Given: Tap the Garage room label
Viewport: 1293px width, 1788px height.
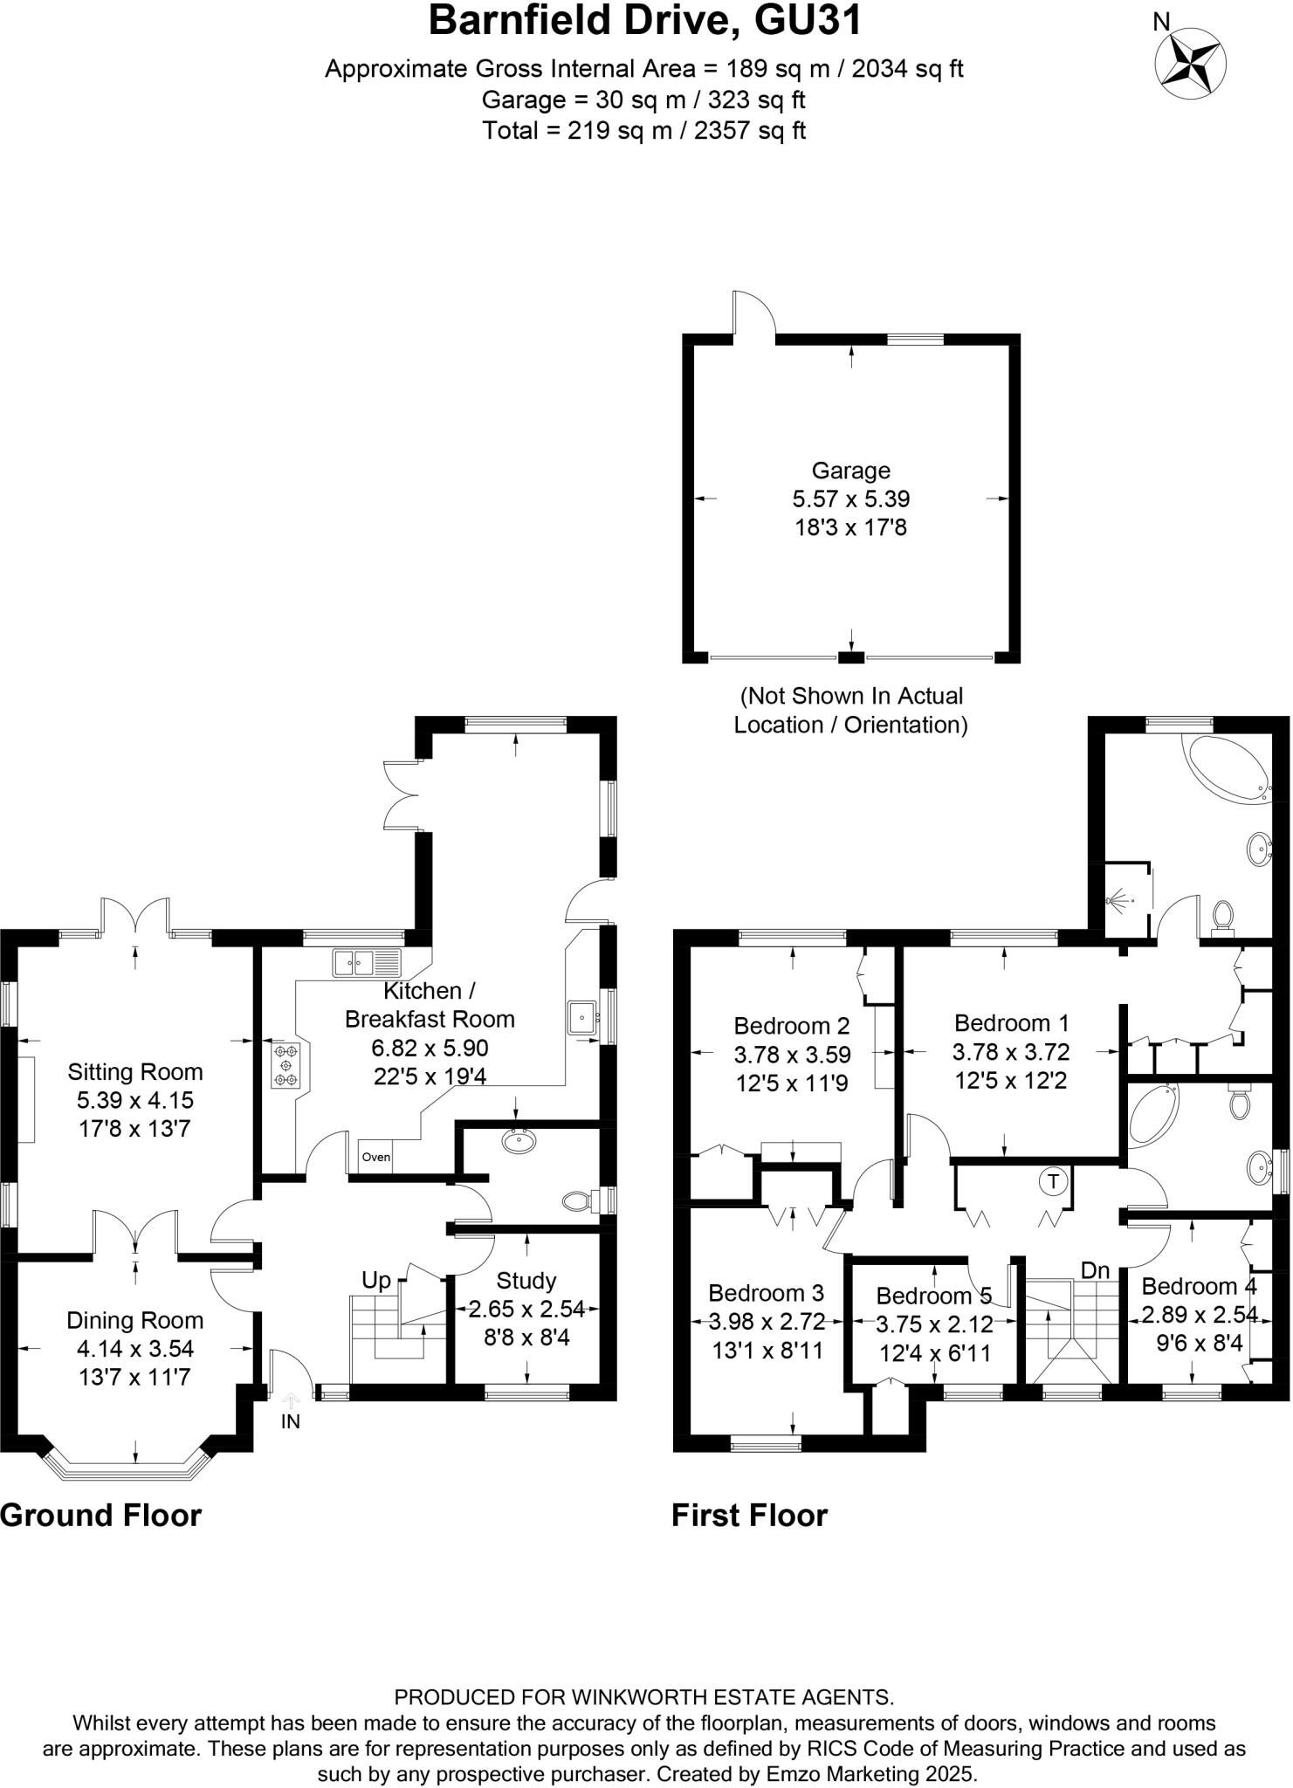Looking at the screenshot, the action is point(851,471).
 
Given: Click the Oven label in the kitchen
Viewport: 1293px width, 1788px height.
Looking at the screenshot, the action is point(376,1157).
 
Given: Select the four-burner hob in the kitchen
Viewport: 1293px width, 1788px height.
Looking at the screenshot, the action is point(285,1066).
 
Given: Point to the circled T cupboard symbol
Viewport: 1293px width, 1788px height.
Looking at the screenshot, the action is point(1054,1182).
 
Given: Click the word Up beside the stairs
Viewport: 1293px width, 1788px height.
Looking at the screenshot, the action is point(376,1280).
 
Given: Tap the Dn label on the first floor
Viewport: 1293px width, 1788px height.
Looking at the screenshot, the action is point(1095,1270).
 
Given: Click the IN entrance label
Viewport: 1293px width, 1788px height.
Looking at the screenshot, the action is point(291,1421).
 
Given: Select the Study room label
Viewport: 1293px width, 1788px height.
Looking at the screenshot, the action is point(526,1281).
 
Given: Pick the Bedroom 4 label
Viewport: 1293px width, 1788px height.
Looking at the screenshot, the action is point(1200,1286).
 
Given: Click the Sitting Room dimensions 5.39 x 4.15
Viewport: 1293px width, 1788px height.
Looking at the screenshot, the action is point(135,1100).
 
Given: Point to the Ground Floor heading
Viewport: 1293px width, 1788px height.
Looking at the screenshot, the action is point(101,1515).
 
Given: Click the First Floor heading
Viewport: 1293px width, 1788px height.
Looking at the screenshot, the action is point(749,1515).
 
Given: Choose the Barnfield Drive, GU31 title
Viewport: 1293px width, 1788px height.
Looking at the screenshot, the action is point(645,21).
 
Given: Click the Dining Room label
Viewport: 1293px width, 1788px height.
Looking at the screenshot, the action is point(135,1321).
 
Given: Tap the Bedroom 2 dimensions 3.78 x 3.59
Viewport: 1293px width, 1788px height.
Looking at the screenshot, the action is point(792,1055).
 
